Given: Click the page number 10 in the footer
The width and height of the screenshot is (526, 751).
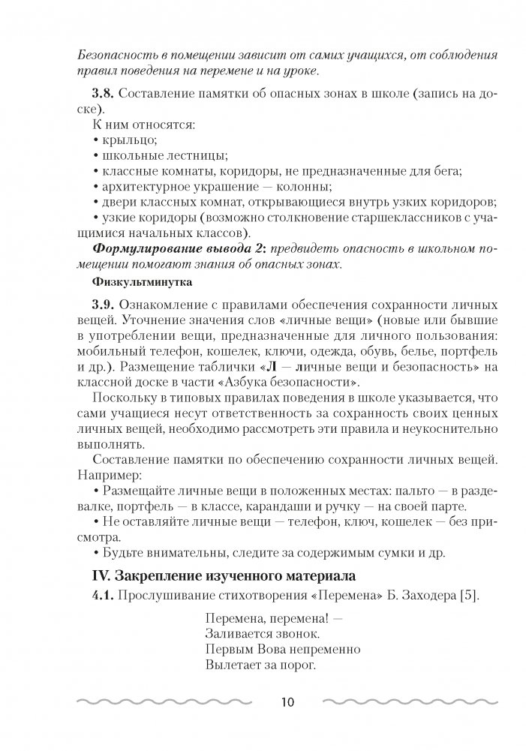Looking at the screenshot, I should click(x=289, y=702).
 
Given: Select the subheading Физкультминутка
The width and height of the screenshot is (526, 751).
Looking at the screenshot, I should click(x=132, y=283).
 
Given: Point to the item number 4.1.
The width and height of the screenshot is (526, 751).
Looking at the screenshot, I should click(x=103, y=596).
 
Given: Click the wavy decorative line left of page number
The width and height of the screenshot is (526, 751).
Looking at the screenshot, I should click(x=170, y=703).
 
